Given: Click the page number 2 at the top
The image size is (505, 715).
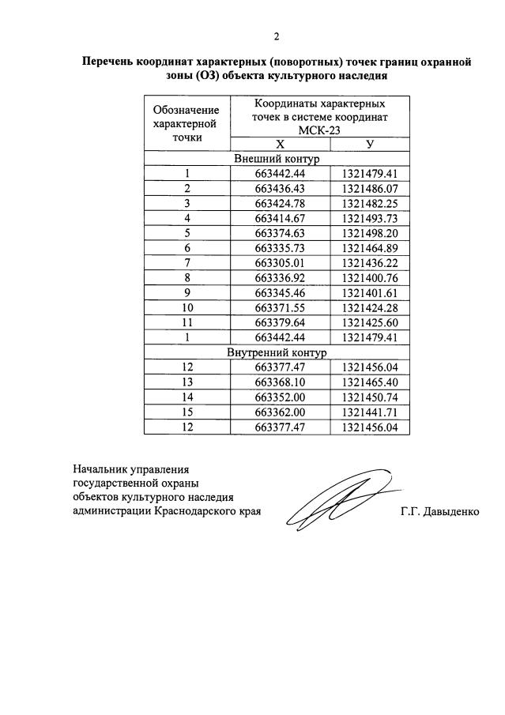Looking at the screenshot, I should pyautogui.click(x=276, y=36).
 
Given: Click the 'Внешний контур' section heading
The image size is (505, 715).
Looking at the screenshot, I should pyautogui.click(x=277, y=158).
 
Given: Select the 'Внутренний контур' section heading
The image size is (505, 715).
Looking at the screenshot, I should pyautogui.click(x=277, y=352).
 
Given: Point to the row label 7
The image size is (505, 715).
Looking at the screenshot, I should pyautogui.click(x=187, y=262).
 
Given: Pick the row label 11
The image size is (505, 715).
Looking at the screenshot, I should pyautogui.click(x=187, y=322).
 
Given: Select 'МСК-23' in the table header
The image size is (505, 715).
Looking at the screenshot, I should pyautogui.click(x=319, y=130).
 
